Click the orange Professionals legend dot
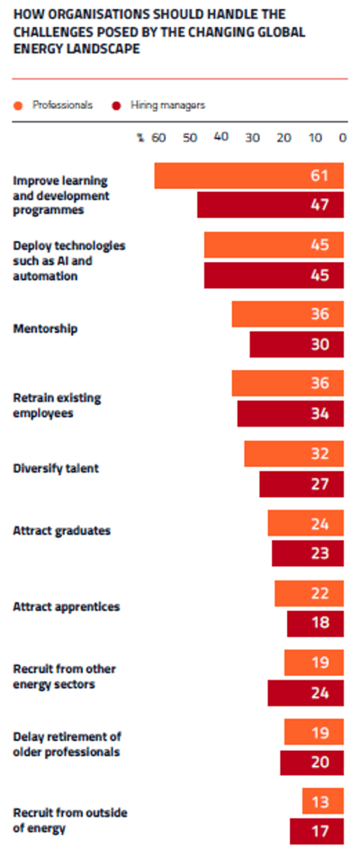coord(18,105)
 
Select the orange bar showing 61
coord(248,176)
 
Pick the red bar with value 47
coord(270,205)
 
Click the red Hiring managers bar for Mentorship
coord(296,345)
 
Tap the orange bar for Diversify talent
coord(293,454)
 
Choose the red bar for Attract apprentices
coord(315,624)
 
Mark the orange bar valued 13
coord(322,800)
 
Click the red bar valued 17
coord(316,831)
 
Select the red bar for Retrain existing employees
coord(290,414)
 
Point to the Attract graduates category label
coord(61,531)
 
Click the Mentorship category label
coord(45,329)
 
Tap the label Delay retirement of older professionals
coord(67,745)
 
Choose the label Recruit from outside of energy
coord(69,820)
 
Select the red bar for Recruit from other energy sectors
coord(305,693)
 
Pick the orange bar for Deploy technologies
coord(274,245)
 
